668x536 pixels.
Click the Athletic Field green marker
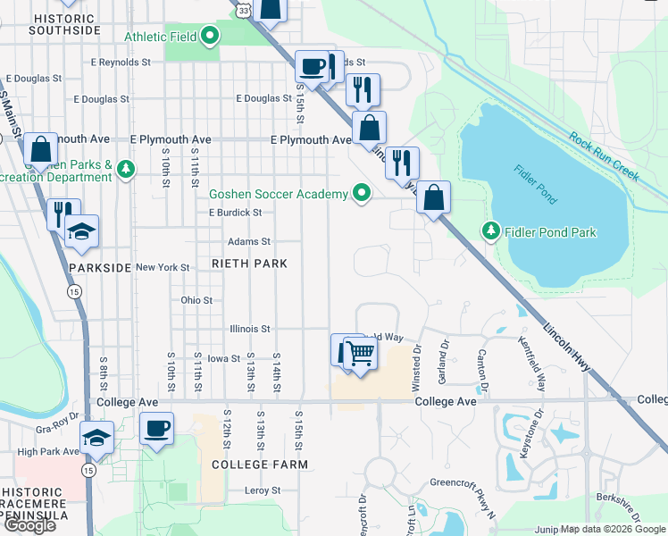click(211, 37)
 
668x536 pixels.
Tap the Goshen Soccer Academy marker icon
click(362, 193)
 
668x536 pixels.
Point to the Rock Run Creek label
click(605, 157)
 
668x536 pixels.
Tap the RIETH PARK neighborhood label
click(249, 264)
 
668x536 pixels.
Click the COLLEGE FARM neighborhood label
click(259, 465)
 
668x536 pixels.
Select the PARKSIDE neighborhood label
click(100, 267)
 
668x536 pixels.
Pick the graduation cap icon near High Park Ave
click(96, 438)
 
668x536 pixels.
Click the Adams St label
click(248, 242)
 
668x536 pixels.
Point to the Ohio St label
click(196, 301)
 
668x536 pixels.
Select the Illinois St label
click(249, 329)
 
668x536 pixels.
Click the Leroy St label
click(263, 491)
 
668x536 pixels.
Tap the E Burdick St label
click(235, 214)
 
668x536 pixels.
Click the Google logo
click(29, 525)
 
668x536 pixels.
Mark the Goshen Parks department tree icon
click(127, 169)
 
